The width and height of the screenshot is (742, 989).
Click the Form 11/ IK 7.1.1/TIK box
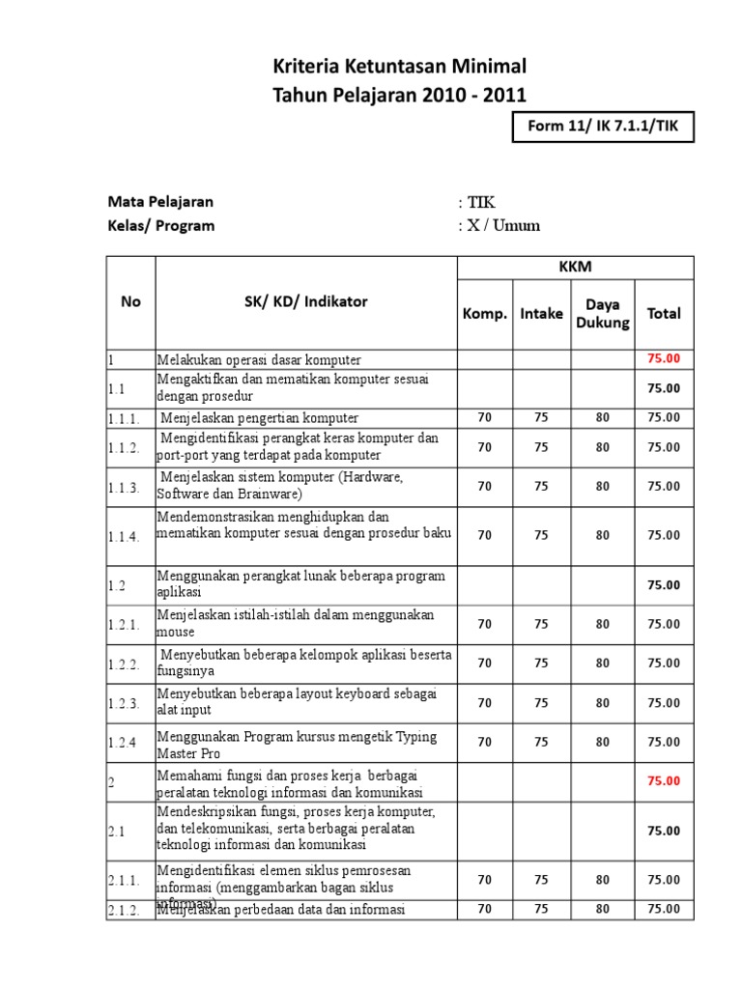pos(602,127)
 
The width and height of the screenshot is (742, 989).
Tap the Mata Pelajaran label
pos(160,202)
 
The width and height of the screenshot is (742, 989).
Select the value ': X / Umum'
pos(499,226)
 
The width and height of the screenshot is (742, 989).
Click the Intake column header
pos(541,313)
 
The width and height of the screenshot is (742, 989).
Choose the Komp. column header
pos(484,313)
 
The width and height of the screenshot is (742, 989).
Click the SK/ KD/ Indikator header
pos(305,301)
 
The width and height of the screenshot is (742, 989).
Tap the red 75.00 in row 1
pos(664,358)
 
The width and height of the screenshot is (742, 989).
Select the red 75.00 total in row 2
pos(664,780)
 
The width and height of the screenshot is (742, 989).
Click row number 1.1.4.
pos(126,535)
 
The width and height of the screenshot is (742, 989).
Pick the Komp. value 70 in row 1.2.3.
pos(484,702)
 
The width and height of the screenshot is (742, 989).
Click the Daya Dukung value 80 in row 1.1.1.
pos(603,417)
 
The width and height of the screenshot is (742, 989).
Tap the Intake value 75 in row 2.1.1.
pos(541,880)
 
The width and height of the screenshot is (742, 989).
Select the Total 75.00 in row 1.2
pos(664,584)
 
